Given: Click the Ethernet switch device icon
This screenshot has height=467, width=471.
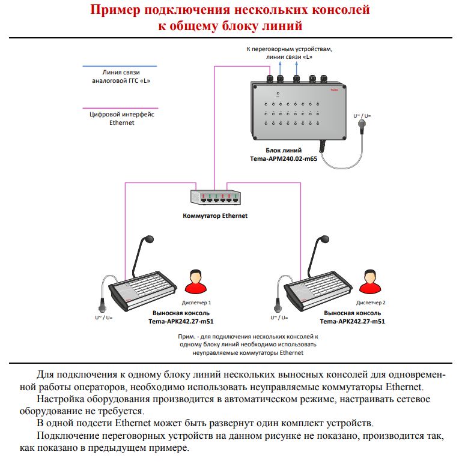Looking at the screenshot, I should tap(214, 198).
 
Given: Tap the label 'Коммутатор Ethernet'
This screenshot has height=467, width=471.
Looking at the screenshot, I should tap(214, 215).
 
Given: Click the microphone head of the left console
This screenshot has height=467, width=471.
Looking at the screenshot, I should tap(148, 241).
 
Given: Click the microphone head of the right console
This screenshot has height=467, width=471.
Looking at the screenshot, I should tap(324, 241).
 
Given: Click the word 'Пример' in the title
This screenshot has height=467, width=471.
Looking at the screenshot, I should tap(118, 10).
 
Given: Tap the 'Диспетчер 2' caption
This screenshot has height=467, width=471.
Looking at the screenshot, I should tap(371, 303).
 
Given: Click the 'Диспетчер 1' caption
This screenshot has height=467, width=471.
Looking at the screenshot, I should tap(196, 303).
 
